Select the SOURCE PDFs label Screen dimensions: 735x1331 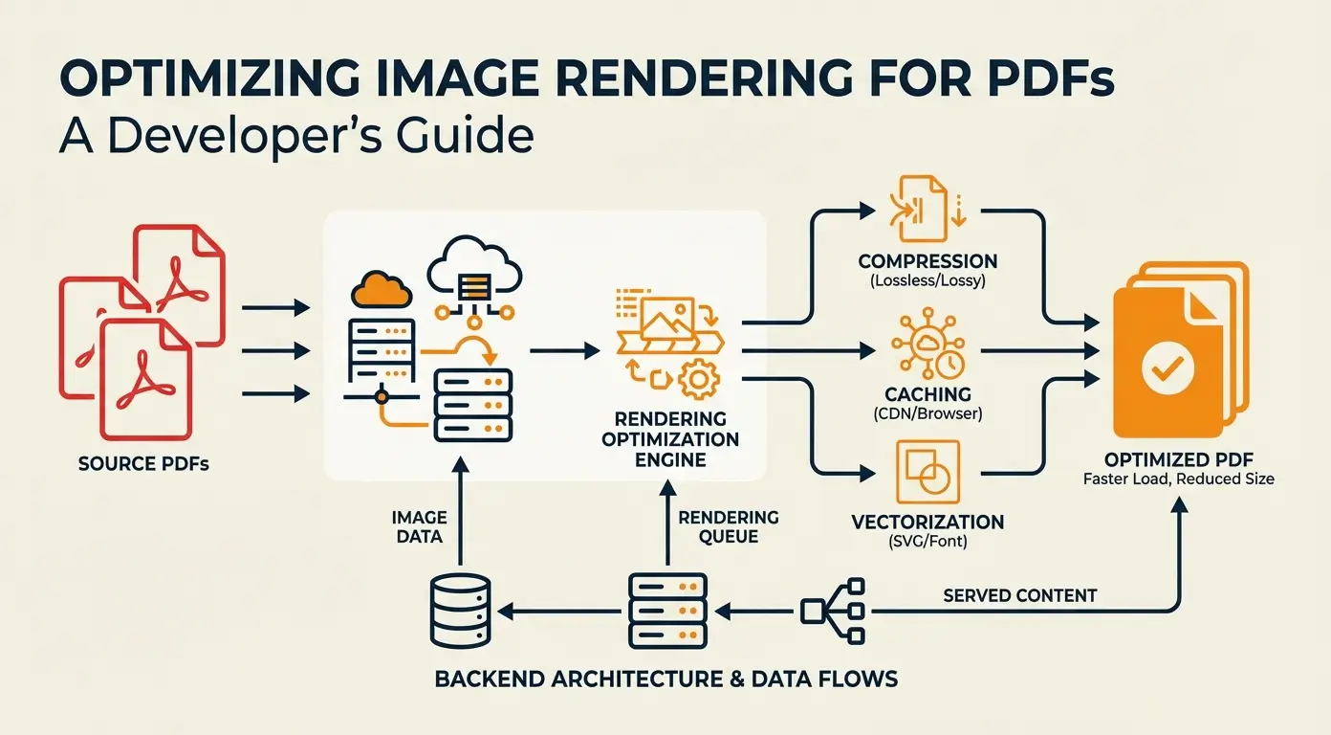pos(143,465)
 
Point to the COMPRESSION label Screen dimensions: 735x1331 pos(927,261)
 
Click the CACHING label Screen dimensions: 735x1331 pos(927,394)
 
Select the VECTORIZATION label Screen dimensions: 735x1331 pos(927,523)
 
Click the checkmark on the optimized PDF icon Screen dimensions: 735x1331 pos(1168,365)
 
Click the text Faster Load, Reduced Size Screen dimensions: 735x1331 pos(1178,478)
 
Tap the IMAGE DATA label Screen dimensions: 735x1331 pos(418,526)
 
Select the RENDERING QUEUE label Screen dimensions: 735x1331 pos(728,526)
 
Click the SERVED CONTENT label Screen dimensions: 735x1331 pos(1019,595)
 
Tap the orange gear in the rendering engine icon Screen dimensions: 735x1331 pos(699,379)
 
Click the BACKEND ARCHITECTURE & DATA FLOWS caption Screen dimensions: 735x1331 pos(665,679)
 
